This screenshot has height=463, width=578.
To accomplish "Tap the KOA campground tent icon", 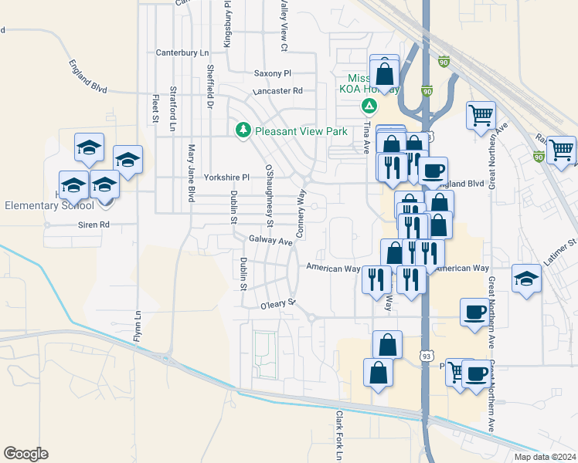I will click(x=369, y=105).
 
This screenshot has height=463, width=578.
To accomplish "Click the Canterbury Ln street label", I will click(x=182, y=52).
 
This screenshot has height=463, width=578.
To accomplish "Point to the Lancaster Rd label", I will click(x=276, y=90).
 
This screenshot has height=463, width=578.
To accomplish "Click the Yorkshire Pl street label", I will click(x=226, y=177).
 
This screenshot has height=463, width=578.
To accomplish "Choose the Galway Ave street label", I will click(x=270, y=241).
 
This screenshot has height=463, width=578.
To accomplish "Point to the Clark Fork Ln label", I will click(x=338, y=436).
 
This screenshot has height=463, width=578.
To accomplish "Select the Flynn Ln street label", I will click(x=138, y=326).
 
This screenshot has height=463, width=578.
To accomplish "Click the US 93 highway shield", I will click(x=426, y=356).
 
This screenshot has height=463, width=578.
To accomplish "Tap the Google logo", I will click(x=25, y=454).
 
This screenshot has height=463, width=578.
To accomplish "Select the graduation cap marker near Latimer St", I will click(x=526, y=278).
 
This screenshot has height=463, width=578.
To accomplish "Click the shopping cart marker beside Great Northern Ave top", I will click(x=481, y=116).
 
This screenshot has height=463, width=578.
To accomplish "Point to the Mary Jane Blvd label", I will click(x=190, y=172).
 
